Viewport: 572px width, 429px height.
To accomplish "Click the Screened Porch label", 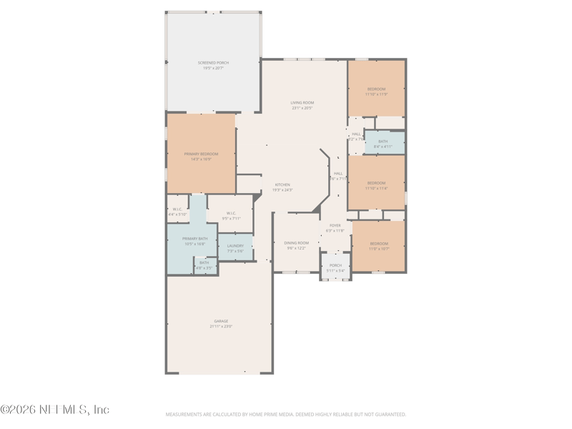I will (x=212, y=63).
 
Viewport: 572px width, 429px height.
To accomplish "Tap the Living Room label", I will (x=302, y=103).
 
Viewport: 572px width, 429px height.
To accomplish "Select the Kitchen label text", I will (x=282, y=184).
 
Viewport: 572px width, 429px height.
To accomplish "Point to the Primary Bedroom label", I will (x=201, y=154).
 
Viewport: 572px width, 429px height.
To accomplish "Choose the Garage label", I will (x=221, y=321).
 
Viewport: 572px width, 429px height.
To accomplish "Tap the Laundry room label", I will (x=235, y=246).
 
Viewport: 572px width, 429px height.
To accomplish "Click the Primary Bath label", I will (x=194, y=239).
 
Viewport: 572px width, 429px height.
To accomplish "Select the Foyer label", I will (x=335, y=225).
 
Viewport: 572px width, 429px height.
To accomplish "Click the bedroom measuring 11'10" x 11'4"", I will (x=376, y=186).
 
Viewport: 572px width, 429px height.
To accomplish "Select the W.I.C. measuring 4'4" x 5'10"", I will (x=177, y=212).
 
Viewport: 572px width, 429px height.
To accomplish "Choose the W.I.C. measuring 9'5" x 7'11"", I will (x=231, y=215).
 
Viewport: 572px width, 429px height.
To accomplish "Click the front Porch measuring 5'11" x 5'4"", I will (x=335, y=268).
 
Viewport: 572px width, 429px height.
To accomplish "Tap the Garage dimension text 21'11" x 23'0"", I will (x=221, y=326).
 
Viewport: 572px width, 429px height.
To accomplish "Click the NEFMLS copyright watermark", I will (x=55, y=410).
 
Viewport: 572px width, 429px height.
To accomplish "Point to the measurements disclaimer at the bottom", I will (x=286, y=414).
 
